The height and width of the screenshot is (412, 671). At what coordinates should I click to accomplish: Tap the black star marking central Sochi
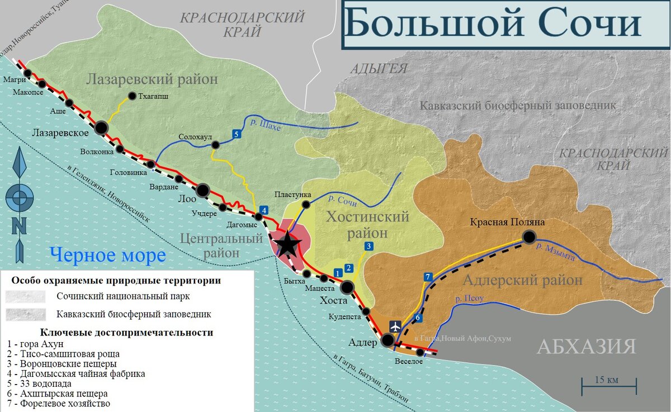click(x=287, y=244)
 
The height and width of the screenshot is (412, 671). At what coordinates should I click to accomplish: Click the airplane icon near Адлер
click(x=395, y=326)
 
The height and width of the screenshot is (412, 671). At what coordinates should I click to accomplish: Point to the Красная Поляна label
click(x=507, y=222)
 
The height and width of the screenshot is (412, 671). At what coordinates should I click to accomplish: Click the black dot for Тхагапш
click(x=133, y=96)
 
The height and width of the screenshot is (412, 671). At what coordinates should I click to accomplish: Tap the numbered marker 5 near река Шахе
click(x=237, y=134)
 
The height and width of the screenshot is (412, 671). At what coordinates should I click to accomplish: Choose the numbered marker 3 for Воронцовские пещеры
click(x=368, y=246)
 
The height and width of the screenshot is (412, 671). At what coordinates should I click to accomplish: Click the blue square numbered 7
click(x=428, y=277)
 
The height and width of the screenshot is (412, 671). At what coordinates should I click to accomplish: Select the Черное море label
click(x=108, y=255)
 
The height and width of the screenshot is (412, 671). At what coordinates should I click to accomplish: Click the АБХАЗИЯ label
click(x=586, y=347)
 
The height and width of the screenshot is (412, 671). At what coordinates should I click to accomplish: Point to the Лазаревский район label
click(x=152, y=80)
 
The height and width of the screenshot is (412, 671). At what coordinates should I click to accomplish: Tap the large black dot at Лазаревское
click(x=101, y=127)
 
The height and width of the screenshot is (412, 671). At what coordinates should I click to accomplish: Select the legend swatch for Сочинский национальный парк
click(x=25, y=296)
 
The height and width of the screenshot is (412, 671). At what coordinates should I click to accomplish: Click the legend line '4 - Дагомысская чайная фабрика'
click(x=77, y=373)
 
